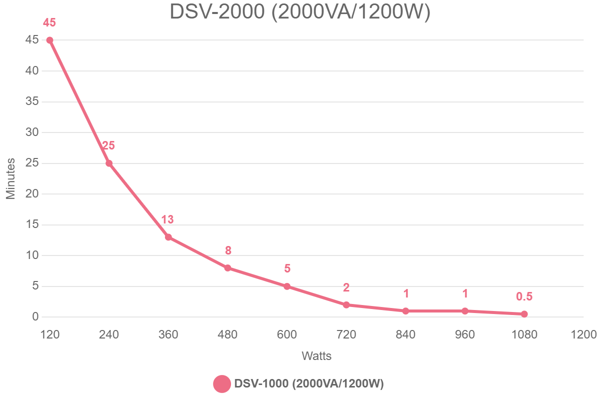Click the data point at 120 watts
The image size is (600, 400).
[49, 40]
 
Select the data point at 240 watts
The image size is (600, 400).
[109, 163]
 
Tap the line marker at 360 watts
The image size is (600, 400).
[168, 237]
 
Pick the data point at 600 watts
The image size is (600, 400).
[287, 286]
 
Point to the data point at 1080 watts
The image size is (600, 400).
[524, 314]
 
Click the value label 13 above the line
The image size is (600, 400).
[167, 219]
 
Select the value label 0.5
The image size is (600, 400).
[524, 296]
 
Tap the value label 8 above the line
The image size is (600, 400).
[228, 250]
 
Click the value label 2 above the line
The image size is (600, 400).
[346, 287]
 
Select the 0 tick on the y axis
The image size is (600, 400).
[35, 317]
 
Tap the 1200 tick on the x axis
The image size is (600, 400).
[583, 334]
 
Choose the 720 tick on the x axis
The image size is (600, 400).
[346, 334]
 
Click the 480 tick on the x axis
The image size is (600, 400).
[227, 334]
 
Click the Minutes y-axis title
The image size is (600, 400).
[10, 178]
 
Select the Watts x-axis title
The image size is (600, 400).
[316, 356]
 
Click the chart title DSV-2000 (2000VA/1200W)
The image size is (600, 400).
[300, 12]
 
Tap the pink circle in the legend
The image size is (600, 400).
[222, 384]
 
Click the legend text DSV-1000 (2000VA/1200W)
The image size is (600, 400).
[309, 384]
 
